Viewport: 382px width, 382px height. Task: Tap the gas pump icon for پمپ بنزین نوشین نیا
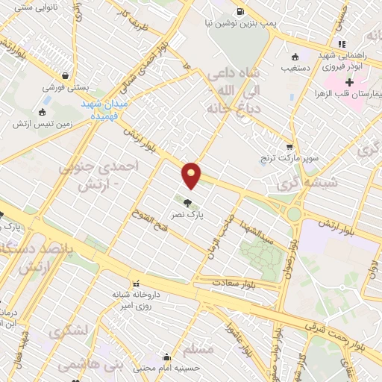[x=239, y=11]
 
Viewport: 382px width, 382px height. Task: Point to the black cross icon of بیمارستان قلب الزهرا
[x=370, y=81]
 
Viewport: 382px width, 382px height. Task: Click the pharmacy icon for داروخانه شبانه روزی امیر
[x=135, y=284]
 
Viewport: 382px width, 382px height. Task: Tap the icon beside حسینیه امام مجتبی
[x=166, y=357]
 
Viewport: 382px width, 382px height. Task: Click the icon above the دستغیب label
[x=296, y=55]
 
